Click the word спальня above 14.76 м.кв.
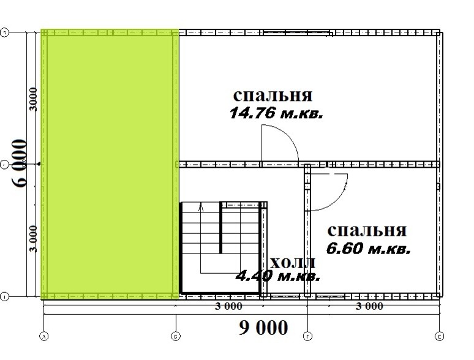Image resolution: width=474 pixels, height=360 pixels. click(x=273, y=96)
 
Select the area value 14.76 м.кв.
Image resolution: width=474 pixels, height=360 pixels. click(x=276, y=113)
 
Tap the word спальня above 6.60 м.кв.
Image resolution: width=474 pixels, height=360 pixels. click(x=367, y=230)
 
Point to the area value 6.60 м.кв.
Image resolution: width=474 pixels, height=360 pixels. click(x=369, y=249)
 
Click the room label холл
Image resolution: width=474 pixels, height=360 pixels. click(x=293, y=263)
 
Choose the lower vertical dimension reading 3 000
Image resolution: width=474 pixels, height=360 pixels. click(x=34, y=238)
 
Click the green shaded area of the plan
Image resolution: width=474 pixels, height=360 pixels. click(x=109, y=164)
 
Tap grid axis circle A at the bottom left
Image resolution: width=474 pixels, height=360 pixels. click(x=43, y=336)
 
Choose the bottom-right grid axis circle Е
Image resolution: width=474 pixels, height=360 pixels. click(x=440, y=336)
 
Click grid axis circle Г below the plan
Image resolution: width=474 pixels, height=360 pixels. click(x=307, y=336)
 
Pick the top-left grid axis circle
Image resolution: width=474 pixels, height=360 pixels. click(x=5, y=33)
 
